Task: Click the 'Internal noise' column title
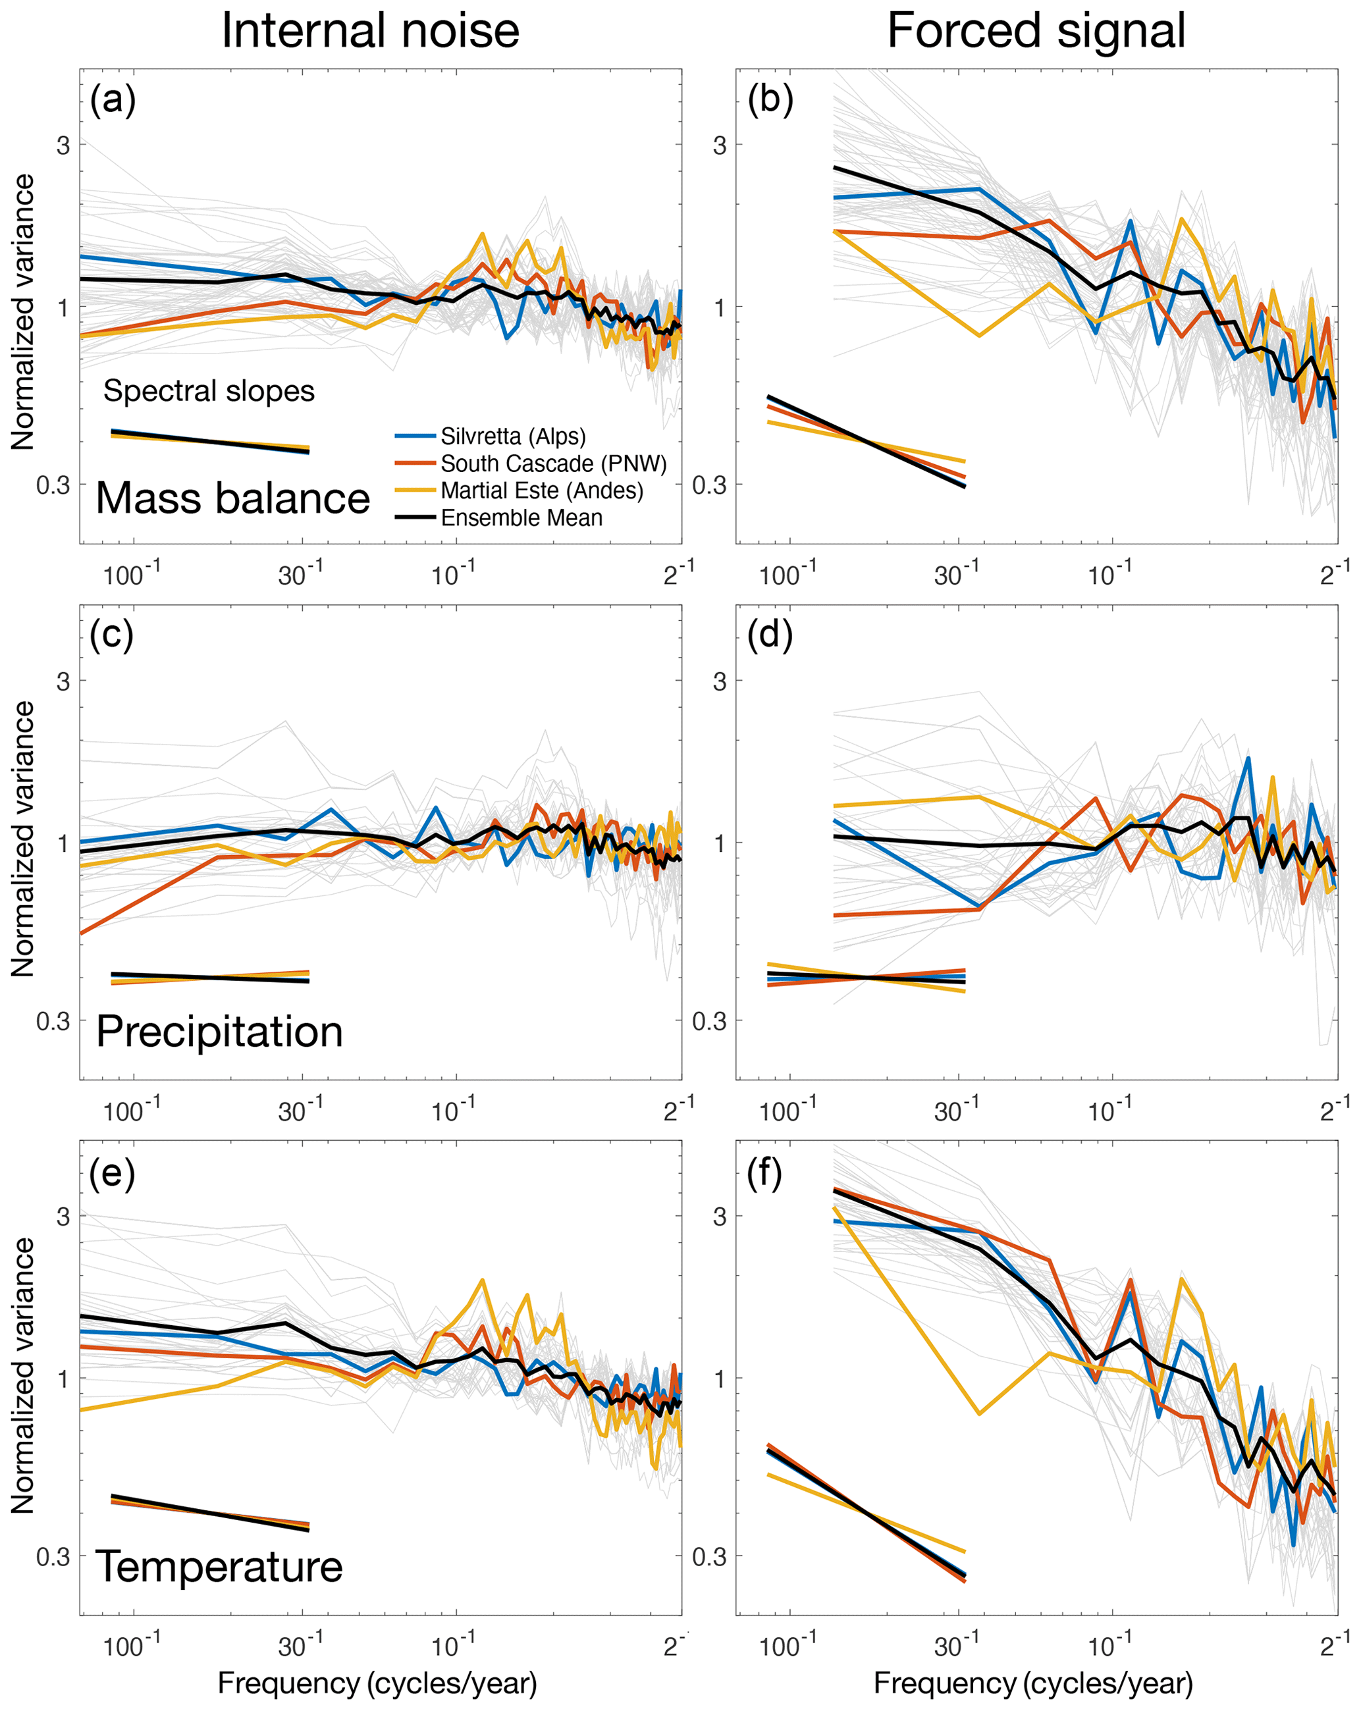point(370,32)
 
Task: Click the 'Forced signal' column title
point(1036,32)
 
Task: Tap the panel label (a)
point(113,100)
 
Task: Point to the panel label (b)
point(770,100)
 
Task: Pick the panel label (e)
point(112,1172)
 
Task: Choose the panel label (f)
point(765,1172)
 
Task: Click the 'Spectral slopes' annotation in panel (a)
point(209,390)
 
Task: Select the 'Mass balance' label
point(232,498)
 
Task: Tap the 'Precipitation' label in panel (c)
point(219,1032)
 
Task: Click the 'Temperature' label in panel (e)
point(219,1567)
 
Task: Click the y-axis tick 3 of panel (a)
point(63,145)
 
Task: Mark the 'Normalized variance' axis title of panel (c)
point(24,838)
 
